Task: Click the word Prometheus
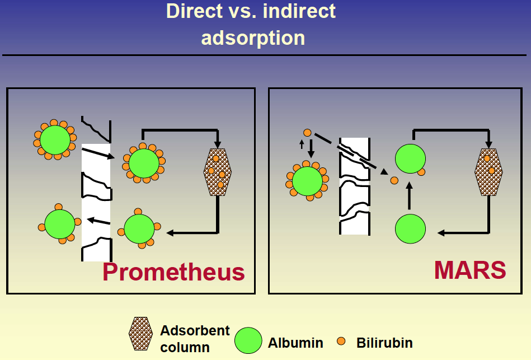point(173,272)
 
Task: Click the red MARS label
point(470,270)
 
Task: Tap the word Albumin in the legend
point(295,343)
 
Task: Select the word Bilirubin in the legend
point(384,343)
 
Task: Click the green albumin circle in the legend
point(248,340)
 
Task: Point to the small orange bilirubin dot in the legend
point(341,341)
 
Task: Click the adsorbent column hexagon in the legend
point(140,334)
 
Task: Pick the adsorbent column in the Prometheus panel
point(218,172)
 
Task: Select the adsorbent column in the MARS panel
point(488,172)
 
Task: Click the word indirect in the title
point(299,11)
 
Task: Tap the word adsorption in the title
point(253,38)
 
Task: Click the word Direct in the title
point(194,11)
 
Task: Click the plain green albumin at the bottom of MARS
point(410,229)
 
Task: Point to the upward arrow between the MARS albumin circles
point(409,195)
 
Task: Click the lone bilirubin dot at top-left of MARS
point(307,133)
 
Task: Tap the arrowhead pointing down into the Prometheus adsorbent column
point(218,144)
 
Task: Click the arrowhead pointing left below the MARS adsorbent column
point(441,233)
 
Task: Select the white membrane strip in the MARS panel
point(355,186)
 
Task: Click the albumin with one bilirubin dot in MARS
point(411,159)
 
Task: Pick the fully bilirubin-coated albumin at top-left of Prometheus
point(55,139)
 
